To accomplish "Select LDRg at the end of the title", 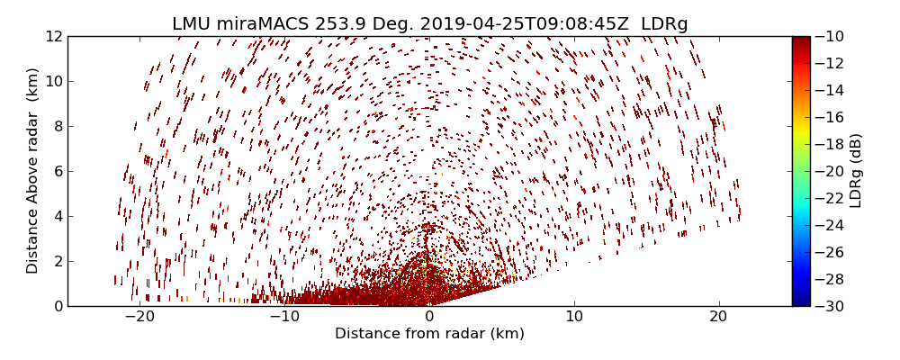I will (664, 24).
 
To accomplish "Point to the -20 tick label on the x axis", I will (139, 317).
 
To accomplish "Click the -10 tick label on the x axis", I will (284, 317).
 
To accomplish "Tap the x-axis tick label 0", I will (429, 317).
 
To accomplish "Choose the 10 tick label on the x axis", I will (574, 317).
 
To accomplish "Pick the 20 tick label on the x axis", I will (718, 317).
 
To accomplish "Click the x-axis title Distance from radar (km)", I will (429, 334).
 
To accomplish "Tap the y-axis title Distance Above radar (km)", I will (33, 171).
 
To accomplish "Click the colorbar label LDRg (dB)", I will (856, 171).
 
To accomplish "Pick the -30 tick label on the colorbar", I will (828, 306).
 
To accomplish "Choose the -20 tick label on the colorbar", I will (828, 171).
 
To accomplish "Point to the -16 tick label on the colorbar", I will (828, 117).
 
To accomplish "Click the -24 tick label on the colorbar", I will (828, 225).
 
